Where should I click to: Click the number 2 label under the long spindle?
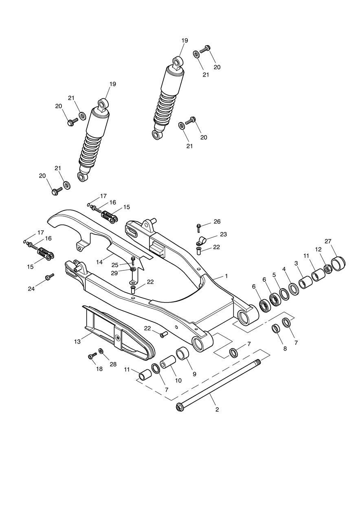coord(217,409)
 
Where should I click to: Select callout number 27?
coord(328,241)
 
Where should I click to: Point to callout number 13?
coord(77,342)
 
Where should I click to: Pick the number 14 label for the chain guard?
coord(100,262)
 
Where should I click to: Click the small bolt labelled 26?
coord(199,226)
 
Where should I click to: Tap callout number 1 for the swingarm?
coord(226,276)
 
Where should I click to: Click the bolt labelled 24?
coord(49,277)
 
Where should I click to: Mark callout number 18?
coord(99,369)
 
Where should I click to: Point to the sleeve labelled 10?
coord(168,362)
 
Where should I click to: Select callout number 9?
coord(194,373)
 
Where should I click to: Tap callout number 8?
coord(285,349)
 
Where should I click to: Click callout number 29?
coord(115,273)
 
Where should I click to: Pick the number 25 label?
coord(115,265)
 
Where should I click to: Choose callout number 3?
coord(296,263)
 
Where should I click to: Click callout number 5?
coord(274,275)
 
